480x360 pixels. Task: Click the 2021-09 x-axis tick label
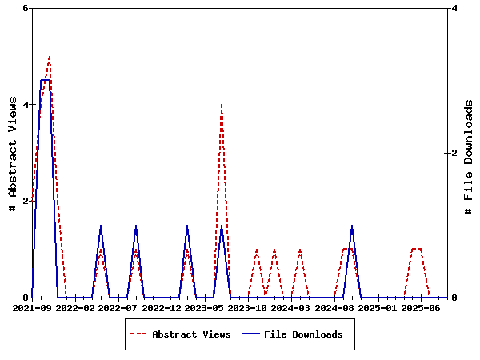point(32,308)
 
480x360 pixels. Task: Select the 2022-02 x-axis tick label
point(75,308)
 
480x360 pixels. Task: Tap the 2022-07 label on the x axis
point(118,308)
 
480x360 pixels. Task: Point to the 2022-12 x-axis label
point(162,308)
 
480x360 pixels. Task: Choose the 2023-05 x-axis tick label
point(205,308)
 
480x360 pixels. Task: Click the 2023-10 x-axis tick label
point(248,308)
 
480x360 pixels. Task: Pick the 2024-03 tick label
point(291,308)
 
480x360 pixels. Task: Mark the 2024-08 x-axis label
point(334,308)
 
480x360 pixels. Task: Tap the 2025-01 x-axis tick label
point(378,308)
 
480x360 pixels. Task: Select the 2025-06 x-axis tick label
point(421,308)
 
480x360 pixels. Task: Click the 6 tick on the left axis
point(25,8)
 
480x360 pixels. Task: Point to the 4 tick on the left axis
point(25,105)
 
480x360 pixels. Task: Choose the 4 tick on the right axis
point(454,8)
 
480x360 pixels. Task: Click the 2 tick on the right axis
point(454,153)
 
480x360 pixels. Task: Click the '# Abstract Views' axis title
point(12,153)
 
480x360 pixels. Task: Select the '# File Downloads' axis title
point(469,157)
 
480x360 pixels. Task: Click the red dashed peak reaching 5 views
point(50,57)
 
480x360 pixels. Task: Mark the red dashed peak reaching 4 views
point(222,105)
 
